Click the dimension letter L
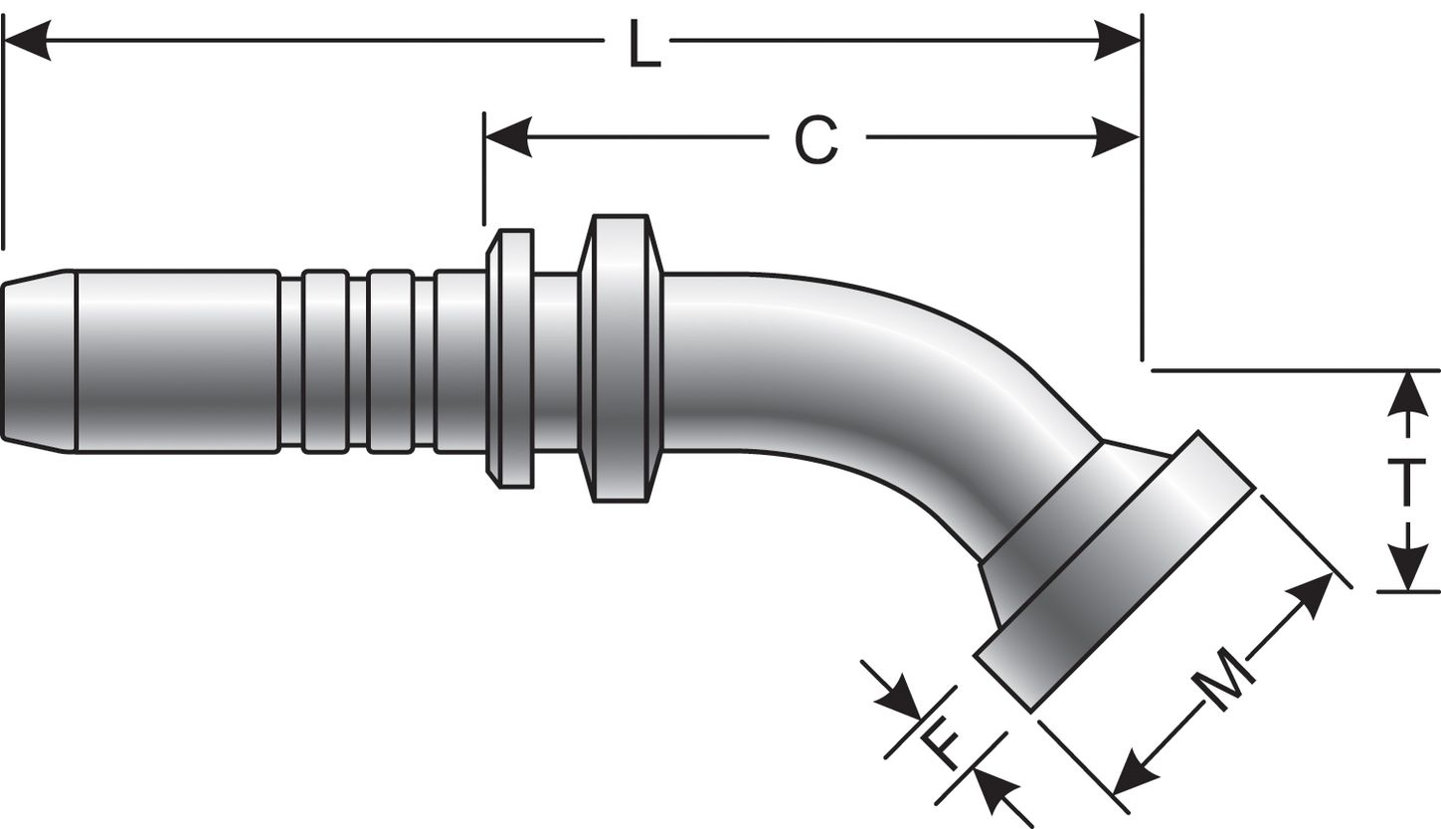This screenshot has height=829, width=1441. pyautogui.click(x=644, y=45)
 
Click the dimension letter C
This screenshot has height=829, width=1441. pyautogui.click(x=816, y=139)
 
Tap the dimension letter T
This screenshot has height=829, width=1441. pyautogui.click(x=1406, y=483)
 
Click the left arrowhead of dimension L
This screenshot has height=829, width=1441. pyautogui.click(x=28, y=41)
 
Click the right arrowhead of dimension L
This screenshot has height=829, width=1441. pyautogui.click(x=1116, y=41)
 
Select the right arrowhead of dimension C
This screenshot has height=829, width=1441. pyautogui.click(x=1116, y=136)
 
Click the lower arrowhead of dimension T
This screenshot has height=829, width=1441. pyautogui.click(x=1407, y=569)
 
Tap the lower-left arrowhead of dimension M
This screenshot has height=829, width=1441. pyautogui.click(x=1133, y=775)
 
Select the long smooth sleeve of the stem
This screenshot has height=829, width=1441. pyautogui.click(x=176, y=360)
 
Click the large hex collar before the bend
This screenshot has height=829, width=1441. pyautogui.click(x=621, y=358)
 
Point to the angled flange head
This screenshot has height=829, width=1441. pyautogui.click(x=1114, y=572)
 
